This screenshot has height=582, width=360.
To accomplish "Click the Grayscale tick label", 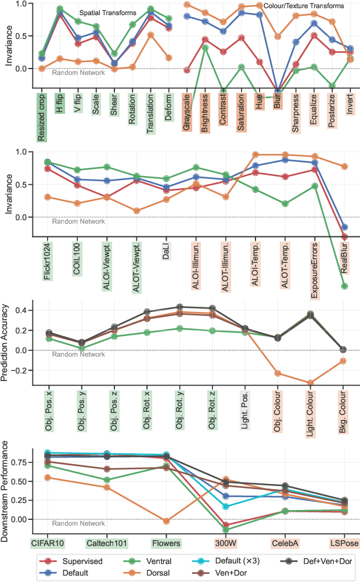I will pyautogui.click(x=187, y=110).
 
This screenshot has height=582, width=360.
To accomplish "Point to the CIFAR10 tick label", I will pyautogui.click(x=47, y=543).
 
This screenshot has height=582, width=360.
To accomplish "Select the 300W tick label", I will pyautogui.click(x=225, y=543).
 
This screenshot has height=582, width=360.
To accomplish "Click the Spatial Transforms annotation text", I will pyautogui.click(x=107, y=13).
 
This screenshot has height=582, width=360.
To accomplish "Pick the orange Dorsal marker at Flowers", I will pyautogui.click(x=167, y=521).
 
